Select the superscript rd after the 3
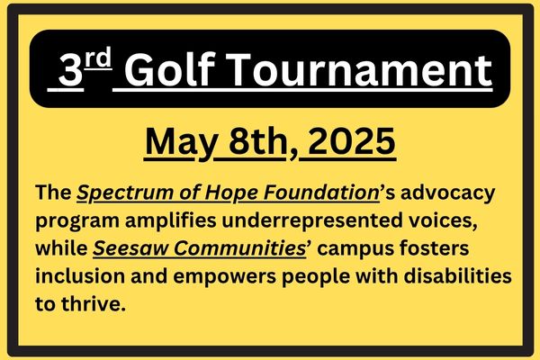click(x=98, y=58)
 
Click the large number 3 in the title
click(x=70, y=70)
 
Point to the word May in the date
click(x=181, y=142)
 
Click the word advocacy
click(x=447, y=193)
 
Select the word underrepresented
click(x=312, y=220)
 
